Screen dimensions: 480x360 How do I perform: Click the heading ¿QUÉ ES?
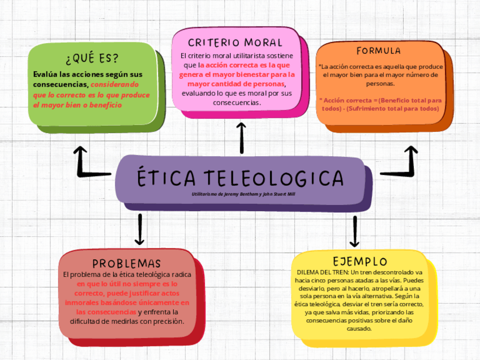pyautogui.click(x=92, y=58)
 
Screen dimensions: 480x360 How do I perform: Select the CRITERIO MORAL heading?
pyautogui.click(x=235, y=42)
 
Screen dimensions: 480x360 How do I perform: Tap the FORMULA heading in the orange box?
pyautogui.click(x=379, y=51)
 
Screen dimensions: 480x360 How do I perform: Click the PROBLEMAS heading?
pyautogui.click(x=127, y=264)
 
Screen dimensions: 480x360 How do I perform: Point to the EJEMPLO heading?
pyautogui.click(x=359, y=261)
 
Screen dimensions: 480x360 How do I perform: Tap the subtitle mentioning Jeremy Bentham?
pyautogui.click(x=243, y=194)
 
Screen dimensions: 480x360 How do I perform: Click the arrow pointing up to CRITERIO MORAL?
pyautogui.click(x=242, y=137)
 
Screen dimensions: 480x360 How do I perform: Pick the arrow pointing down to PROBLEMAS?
pyautogui.click(x=139, y=229)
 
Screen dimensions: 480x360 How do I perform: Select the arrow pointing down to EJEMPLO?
pyautogui.click(x=354, y=231)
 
